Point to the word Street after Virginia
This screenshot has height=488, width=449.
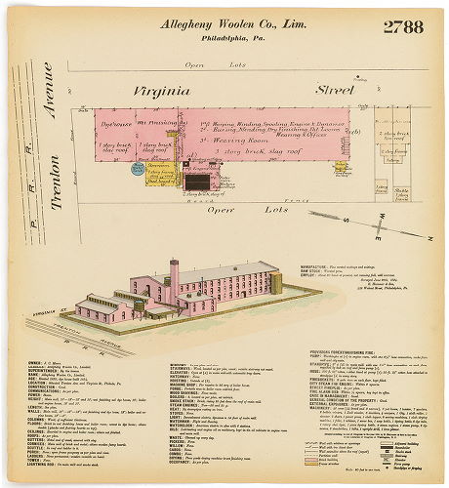tap(333, 91)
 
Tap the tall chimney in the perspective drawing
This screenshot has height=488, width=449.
tap(174, 278)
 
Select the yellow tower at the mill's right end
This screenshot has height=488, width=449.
tap(277, 283)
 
